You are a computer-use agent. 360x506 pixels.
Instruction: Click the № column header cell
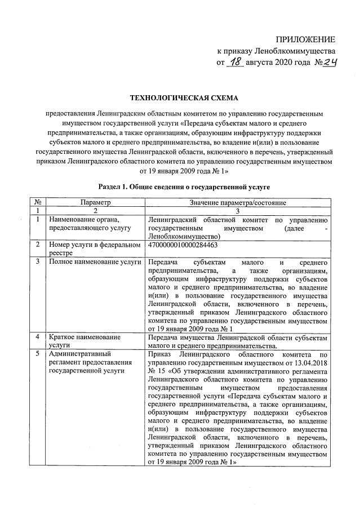[37, 201]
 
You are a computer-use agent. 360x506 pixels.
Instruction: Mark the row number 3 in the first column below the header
[37, 262]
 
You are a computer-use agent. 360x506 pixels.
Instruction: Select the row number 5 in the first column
[37, 354]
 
